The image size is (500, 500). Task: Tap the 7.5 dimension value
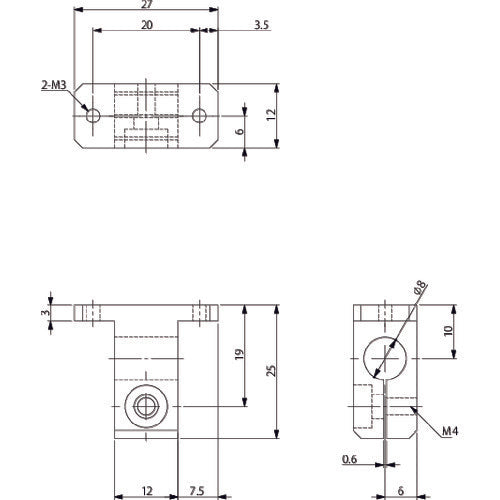click(x=198, y=490)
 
